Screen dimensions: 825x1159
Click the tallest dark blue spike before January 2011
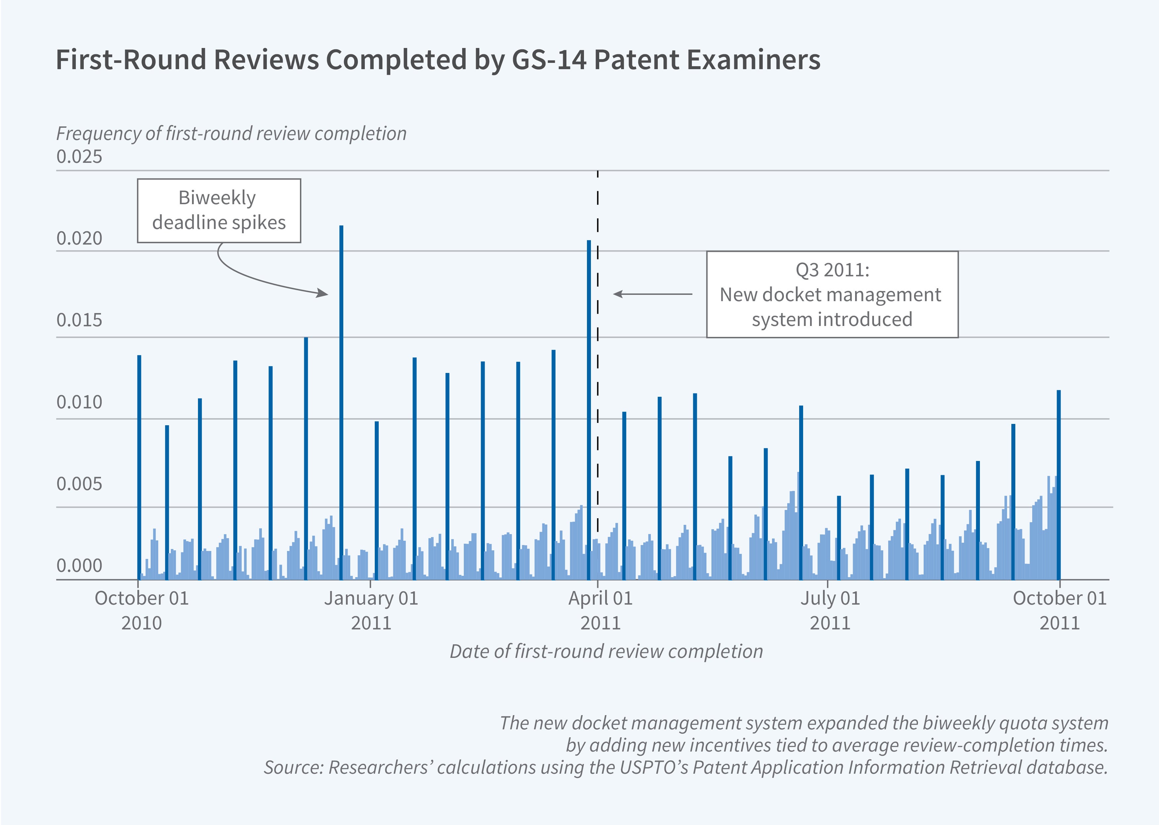click(341, 401)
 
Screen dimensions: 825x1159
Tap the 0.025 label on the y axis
click(79, 157)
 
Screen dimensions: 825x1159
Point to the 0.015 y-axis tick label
click(79, 320)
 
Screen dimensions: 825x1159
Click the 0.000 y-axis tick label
click(79, 566)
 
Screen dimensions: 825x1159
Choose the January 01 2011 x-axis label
click(371, 610)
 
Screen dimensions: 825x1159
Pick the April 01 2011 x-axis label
click(601, 610)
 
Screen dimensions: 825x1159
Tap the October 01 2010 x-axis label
click(142, 610)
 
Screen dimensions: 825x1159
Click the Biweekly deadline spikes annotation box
click(219, 210)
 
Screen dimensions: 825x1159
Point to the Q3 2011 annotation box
click(832, 294)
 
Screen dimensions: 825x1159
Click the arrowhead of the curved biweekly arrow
click(323, 293)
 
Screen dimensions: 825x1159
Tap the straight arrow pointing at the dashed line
click(652, 294)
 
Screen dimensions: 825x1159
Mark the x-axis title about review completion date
click(606, 651)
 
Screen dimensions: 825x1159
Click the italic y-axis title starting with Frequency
click(231, 134)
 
